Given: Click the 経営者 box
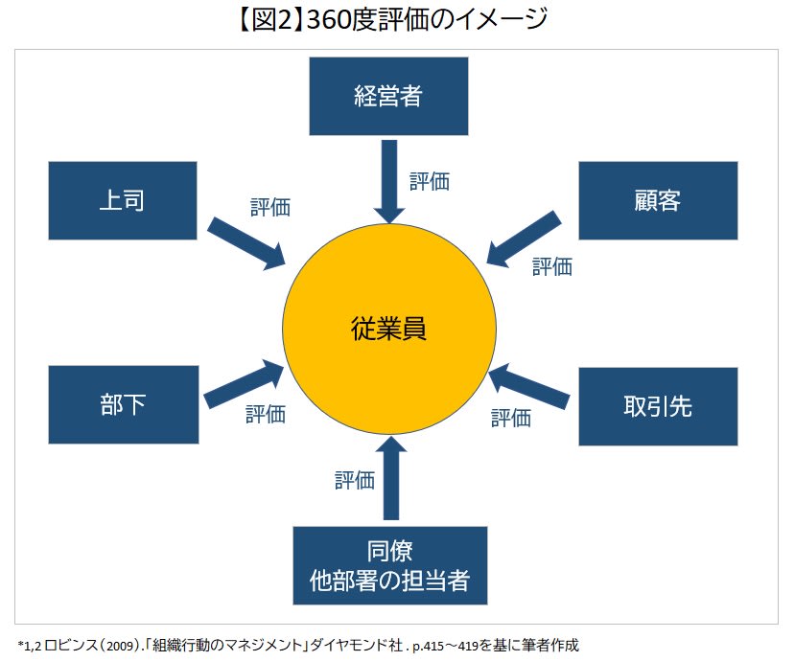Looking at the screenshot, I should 388,96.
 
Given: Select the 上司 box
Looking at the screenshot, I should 122,200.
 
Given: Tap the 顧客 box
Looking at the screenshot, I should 658,200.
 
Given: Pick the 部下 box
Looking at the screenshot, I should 122,404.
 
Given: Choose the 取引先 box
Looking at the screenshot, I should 658,406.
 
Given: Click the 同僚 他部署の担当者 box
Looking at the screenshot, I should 389,565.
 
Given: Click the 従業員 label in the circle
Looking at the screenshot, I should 388,329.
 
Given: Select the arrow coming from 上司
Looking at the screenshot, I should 246,242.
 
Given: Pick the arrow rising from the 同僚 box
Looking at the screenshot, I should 389,479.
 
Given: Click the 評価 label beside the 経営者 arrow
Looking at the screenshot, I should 430,181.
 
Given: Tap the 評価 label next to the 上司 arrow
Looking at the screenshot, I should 270,206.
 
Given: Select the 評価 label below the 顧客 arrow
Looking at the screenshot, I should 552,266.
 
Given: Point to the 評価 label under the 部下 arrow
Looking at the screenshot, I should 266,415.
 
